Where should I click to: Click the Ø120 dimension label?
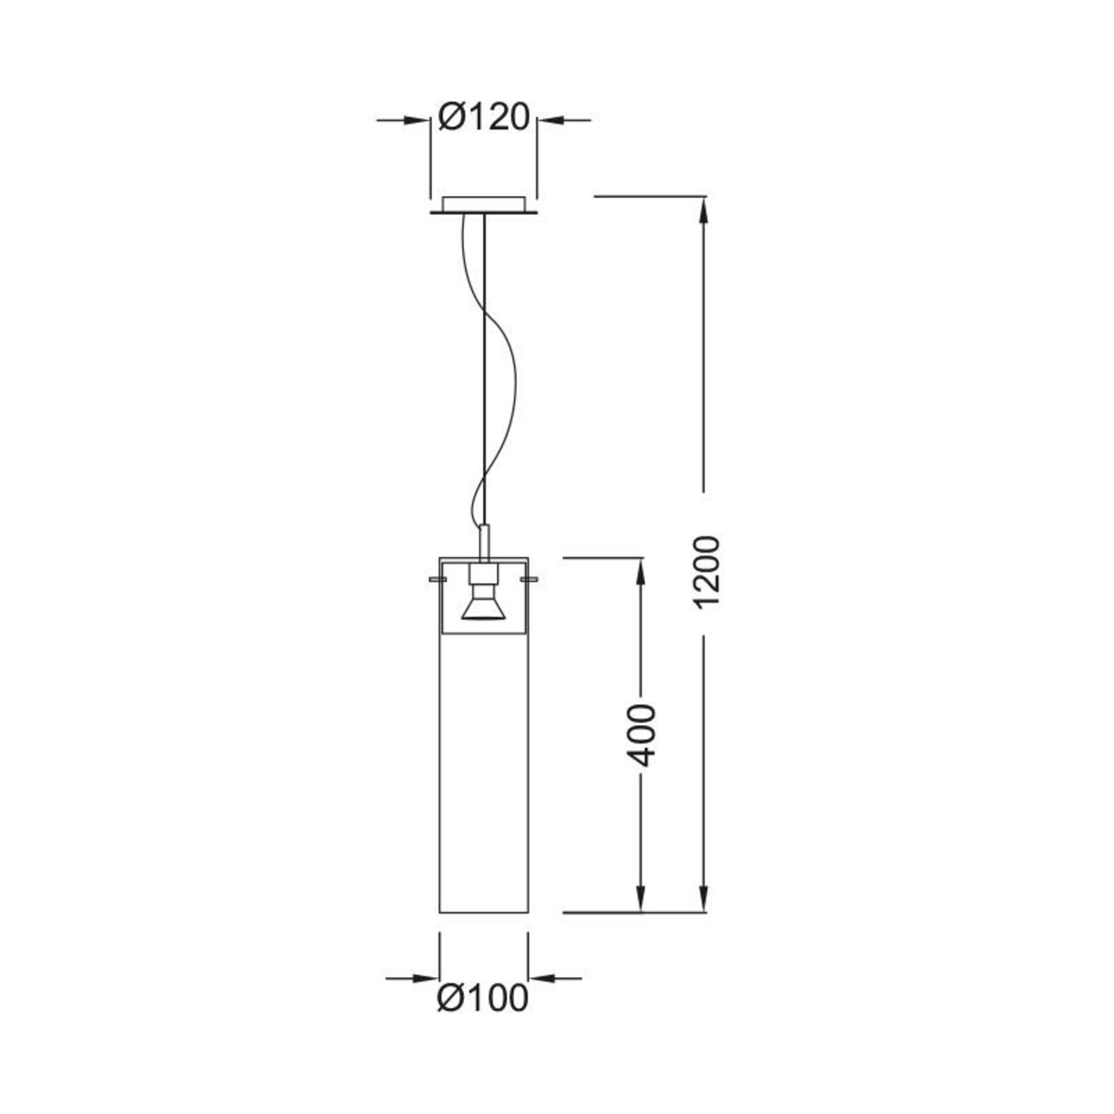484,118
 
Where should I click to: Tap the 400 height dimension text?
642,736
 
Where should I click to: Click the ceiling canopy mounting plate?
483,206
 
